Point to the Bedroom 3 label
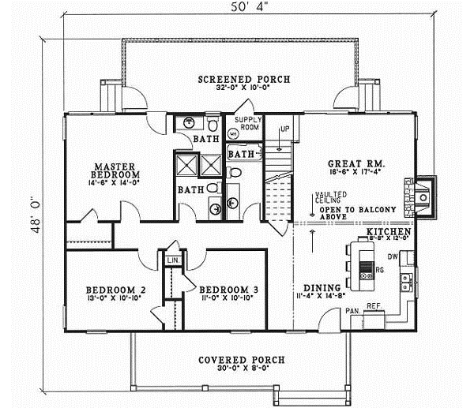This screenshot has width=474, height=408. click(228, 289)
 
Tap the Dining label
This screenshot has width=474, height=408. click(322, 287)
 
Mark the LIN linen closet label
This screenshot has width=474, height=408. click(172, 259)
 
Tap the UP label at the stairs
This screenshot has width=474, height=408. click(285, 127)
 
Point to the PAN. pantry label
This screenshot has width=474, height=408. click(353, 311)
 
